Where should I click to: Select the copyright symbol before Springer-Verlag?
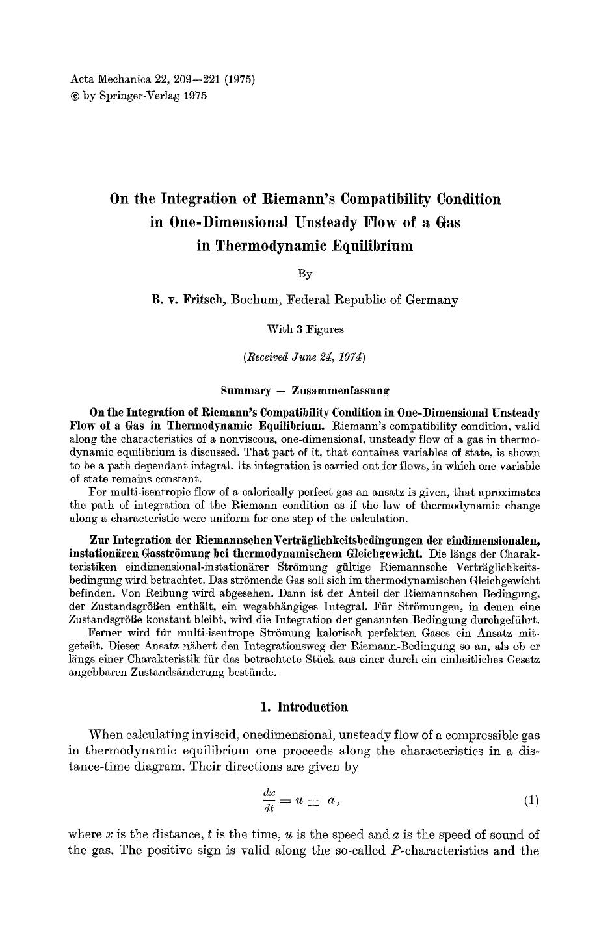(74, 96)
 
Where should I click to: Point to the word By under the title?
(305, 274)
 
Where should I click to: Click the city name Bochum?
(256, 300)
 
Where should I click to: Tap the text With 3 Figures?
(305, 329)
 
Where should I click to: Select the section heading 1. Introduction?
(304, 707)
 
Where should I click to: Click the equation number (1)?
(531, 801)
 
